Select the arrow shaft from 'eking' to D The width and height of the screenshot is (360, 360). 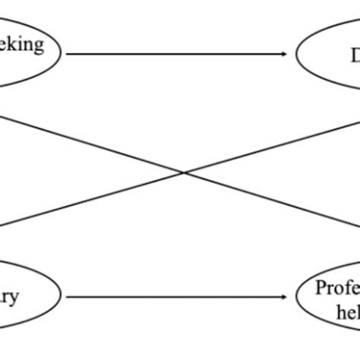tap(175, 54)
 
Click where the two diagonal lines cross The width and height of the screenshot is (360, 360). tap(183, 172)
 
